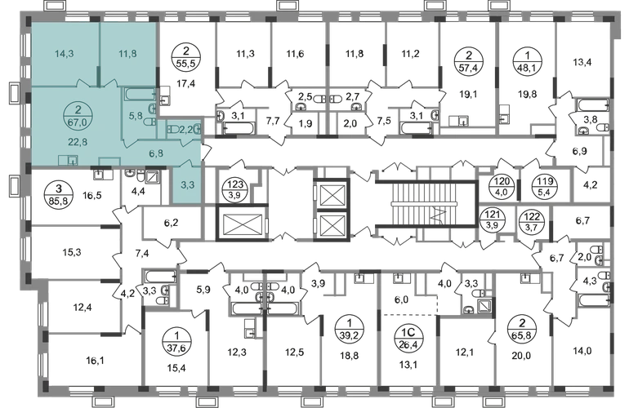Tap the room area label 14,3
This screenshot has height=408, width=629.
pyautogui.click(x=65, y=53)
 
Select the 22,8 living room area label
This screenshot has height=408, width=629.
pyautogui.click(x=78, y=141)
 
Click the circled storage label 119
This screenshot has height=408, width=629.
pyautogui.click(x=545, y=186)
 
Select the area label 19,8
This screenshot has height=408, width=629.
pyautogui.click(x=527, y=94)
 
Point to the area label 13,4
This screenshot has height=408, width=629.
pyautogui.click(x=582, y=62)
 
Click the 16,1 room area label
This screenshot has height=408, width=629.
pyautogui.click(x=95, y=361)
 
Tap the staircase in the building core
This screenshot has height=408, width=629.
pyautogui.click(x=426, y=205)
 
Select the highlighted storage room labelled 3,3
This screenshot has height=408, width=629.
pyautogui.click(x=187, y=185)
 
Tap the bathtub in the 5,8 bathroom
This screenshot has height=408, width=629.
pyautogui.click(x=139, y=95)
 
